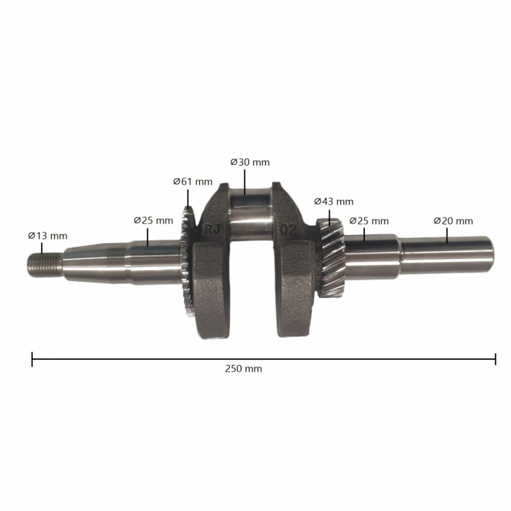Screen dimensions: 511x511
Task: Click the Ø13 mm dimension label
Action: [47, 236]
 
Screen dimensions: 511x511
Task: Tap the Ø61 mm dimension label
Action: [193, 182]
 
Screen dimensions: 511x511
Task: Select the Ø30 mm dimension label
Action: [250, 162]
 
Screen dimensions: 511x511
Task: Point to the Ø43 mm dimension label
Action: [334, 201]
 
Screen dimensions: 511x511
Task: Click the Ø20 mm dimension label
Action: [453, 220]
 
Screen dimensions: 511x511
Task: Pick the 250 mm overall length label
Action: [244, 369]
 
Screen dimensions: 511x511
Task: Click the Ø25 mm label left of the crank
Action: [153, 220]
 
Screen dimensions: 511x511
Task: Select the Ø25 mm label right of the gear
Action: [369, 220]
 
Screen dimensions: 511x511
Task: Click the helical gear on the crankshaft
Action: [330, 255]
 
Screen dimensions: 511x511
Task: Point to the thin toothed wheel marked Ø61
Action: [185, 263]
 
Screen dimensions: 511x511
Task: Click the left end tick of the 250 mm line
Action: [32, 358]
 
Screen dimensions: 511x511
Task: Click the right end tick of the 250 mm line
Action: [496, 358]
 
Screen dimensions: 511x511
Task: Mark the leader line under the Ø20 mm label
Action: [446, 234]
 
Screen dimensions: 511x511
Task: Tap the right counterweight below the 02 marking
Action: [296, 292]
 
